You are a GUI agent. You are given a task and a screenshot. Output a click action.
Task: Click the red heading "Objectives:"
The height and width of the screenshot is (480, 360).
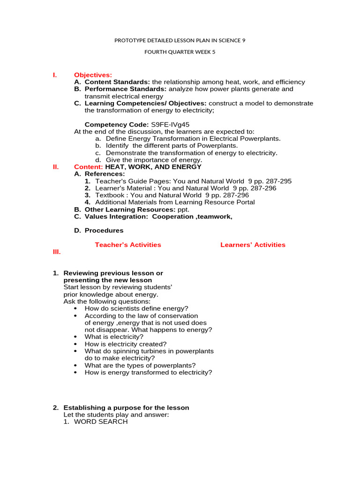pos(93,75)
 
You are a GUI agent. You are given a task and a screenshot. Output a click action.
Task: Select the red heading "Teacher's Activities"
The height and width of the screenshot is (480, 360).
pos(127,245)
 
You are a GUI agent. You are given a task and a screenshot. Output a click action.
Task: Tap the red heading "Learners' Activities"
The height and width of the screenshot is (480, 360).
pos(253,245)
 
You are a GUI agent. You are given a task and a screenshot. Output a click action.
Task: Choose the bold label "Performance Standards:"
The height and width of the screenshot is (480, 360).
pos(126,89)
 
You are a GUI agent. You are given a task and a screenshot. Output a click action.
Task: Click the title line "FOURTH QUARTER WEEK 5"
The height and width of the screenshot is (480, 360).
pos(180,52)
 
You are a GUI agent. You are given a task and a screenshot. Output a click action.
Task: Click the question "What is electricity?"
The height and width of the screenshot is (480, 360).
pos(114,337)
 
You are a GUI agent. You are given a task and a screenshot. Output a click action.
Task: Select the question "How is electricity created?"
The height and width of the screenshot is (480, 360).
pos(125,344)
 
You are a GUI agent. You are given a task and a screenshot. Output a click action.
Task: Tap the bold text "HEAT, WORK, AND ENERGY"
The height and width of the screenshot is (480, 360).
pos(153,167)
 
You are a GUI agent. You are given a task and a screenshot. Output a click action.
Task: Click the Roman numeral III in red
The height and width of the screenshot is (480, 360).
pos(56,252)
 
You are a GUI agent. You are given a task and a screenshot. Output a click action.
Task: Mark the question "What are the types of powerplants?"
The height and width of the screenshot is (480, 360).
pos(140,365)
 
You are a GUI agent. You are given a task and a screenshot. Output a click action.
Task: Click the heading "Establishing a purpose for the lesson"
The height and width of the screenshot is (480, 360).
pos(126,408)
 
